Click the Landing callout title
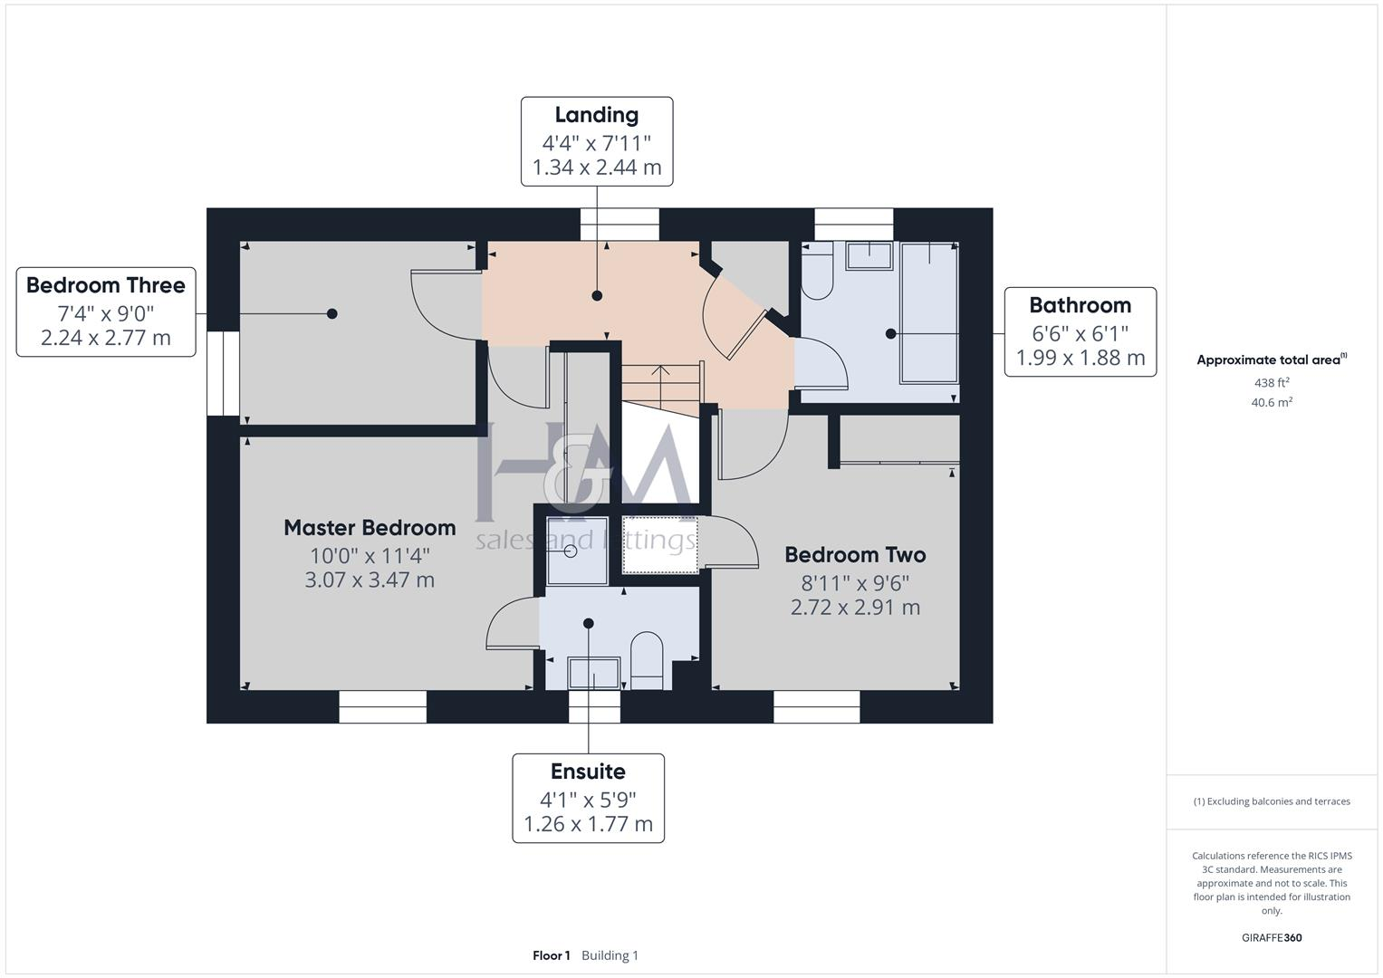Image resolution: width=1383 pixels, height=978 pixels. pos(596,115)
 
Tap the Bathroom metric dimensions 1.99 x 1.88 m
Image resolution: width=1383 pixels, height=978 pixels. pos(1080,358)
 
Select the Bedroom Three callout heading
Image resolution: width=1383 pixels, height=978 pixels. pos(106,285)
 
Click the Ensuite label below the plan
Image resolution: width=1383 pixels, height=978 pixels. pos(588,772)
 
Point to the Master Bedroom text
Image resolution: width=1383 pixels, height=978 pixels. pos(370,527)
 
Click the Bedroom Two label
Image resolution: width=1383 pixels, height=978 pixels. pos(855,554)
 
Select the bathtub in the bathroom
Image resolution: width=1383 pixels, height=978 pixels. pos(928,312)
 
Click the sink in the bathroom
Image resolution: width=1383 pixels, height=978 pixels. pos(869,255)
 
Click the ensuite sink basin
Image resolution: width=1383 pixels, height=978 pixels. pos(593,674)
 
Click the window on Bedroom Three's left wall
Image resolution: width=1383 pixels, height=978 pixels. pos(223,373)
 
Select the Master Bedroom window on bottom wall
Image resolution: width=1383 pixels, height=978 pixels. pos(382,707)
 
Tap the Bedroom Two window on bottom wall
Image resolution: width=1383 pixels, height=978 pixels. pos(816,707)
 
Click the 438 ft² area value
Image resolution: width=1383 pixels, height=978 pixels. pos(1272,383)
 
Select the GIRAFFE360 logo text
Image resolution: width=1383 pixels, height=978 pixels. pos(1272,937)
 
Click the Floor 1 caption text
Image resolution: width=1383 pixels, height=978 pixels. pos(551,955)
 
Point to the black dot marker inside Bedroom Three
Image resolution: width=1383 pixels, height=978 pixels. pos(332,313)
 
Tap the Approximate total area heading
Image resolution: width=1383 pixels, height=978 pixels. pos(1268,360)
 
